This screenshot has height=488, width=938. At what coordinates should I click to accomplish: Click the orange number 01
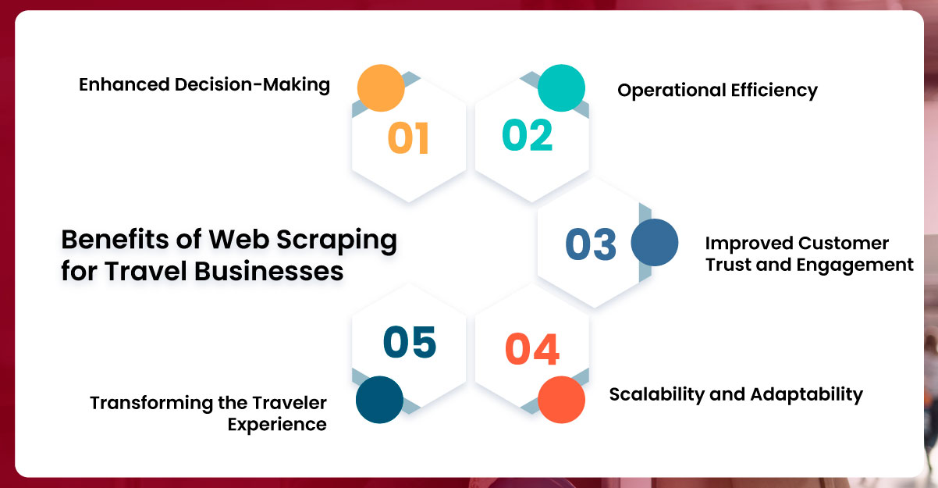point(408,138)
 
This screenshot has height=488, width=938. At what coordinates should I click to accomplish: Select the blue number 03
point(591,244)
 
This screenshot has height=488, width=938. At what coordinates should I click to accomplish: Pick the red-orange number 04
point(532,349)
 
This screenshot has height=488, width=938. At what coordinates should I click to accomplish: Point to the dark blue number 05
point(410,343)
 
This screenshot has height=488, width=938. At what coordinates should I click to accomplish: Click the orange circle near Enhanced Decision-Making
point(381,87)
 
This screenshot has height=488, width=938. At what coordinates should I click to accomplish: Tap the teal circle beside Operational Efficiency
point(562,87)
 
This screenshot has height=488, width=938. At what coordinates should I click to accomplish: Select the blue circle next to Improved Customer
point(654,242)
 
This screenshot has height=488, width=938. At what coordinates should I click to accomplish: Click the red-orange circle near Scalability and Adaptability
point(562,400)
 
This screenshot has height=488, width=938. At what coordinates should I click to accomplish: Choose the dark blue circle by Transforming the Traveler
point(379,400)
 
